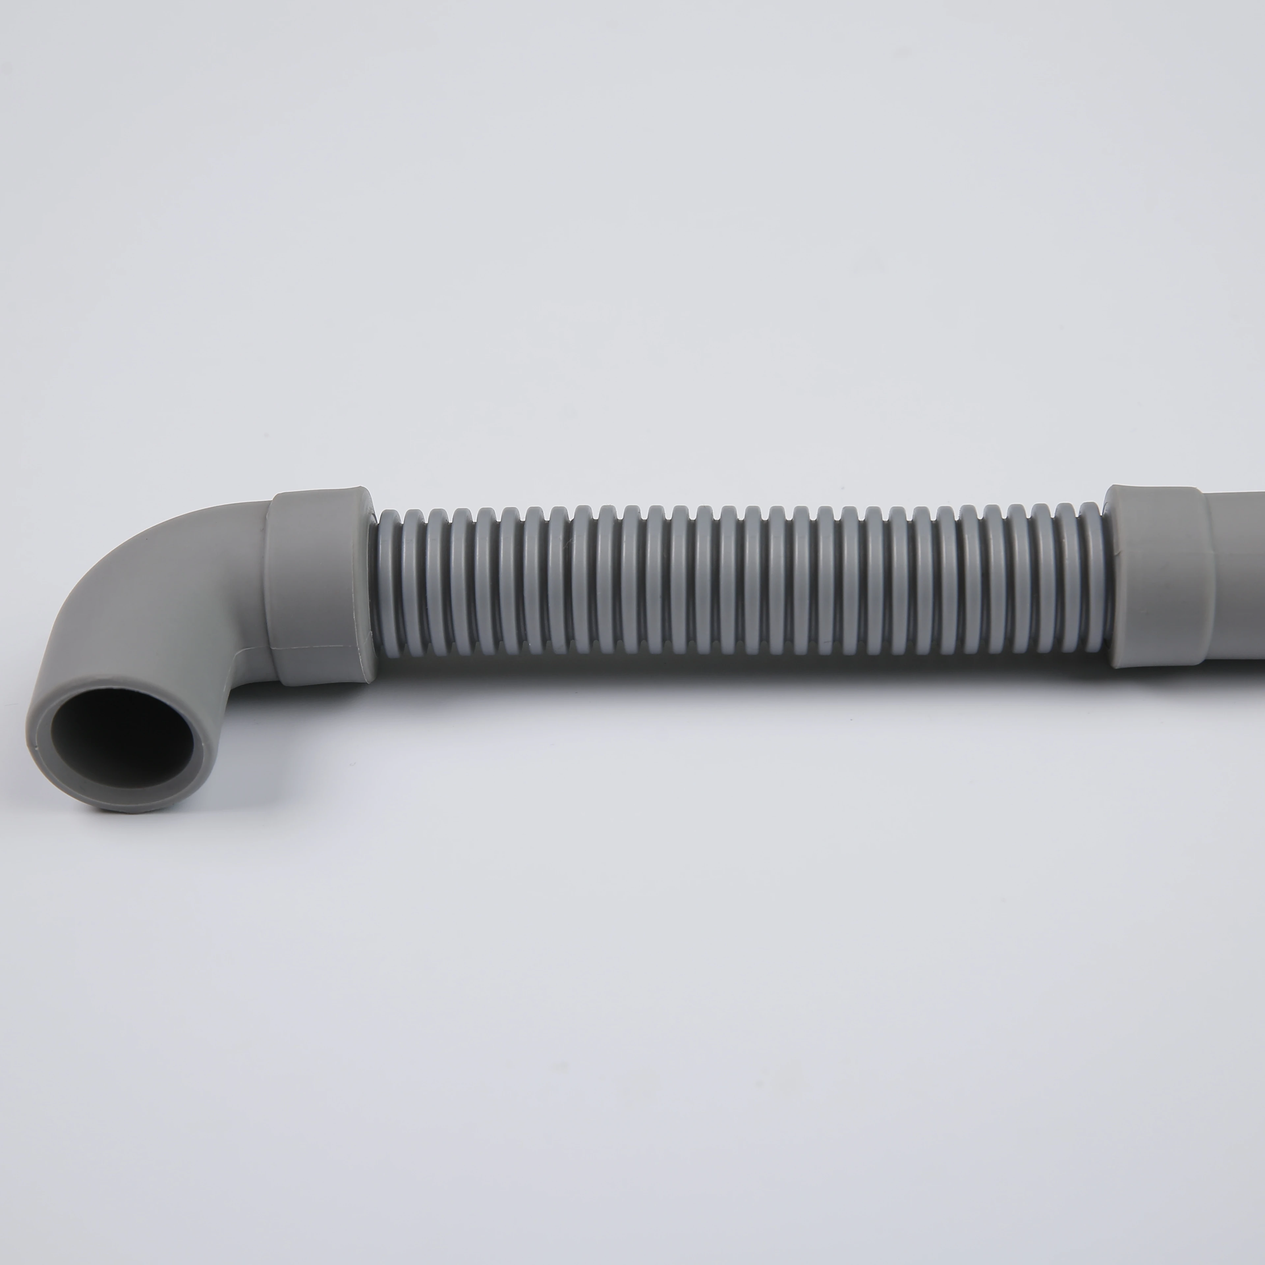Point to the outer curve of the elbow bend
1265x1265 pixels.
(125, 563)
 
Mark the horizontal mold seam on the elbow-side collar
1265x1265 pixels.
(321, 662)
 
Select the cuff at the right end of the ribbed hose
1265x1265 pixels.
(1156, 576)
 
